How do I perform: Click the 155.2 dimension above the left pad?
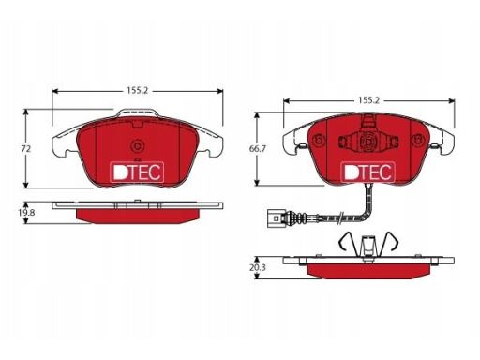point(137,91)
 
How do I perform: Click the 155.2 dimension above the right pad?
point(368,100)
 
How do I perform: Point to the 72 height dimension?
point(26,149)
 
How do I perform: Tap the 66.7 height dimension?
point(257,149)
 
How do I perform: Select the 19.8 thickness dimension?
point(26,213)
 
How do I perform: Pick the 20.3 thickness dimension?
point(257,268)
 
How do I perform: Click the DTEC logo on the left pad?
point(138,172)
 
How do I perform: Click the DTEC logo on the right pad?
point(368,172)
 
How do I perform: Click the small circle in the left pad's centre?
point(137,146)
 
